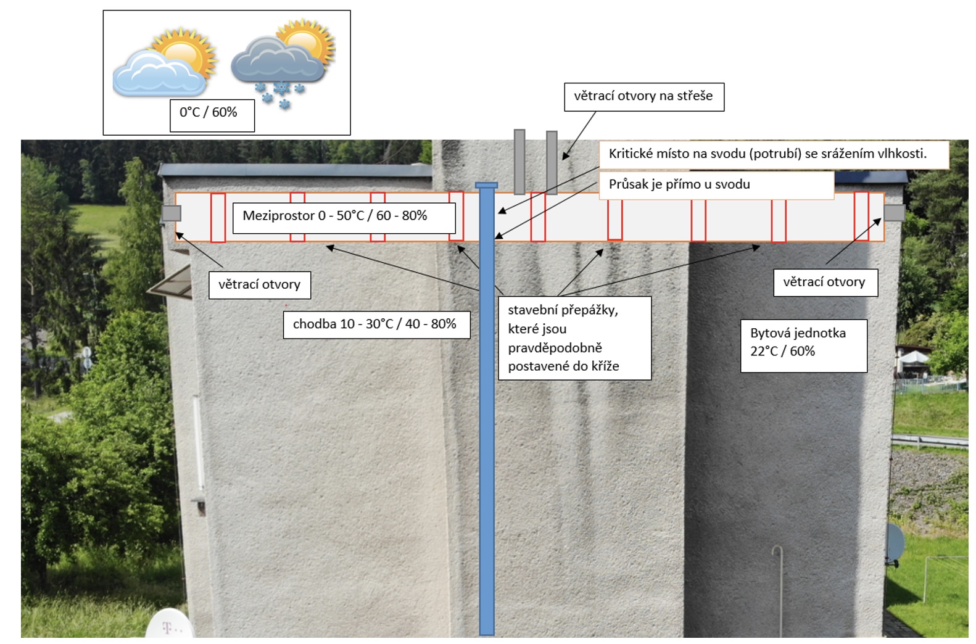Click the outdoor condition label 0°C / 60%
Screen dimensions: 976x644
212,115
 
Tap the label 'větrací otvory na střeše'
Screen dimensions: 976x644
644,97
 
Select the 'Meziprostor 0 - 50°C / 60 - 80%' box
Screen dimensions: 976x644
344,217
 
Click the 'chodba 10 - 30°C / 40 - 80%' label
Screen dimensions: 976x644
376,324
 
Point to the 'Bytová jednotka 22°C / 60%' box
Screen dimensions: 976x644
804,346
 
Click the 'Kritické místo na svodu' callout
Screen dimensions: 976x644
774,154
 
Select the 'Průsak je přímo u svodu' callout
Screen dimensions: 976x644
716,185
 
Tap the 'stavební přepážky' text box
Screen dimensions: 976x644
575,338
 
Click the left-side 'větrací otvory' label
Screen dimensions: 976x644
260,286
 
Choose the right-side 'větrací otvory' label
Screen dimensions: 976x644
825,283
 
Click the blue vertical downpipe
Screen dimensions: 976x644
487,409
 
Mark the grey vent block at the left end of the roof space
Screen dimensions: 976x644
172,213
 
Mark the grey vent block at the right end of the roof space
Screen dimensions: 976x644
895,213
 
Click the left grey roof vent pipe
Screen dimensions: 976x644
519,162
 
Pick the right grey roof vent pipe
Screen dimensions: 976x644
552,162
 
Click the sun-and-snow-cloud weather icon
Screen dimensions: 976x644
283,63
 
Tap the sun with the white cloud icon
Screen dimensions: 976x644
165,62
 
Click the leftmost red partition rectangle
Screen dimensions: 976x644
218,217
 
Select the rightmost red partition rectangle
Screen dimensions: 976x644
861,216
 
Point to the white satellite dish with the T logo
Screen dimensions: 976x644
170,625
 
